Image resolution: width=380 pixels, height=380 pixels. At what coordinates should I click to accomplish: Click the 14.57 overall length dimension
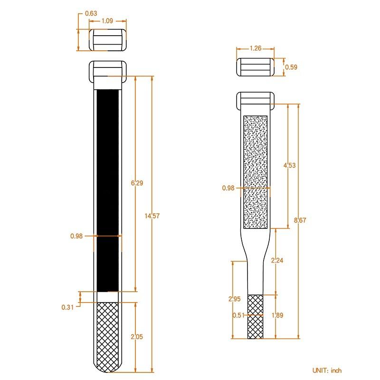tap(152, 216)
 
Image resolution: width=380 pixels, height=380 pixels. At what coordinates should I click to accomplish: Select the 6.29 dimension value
tap(136, 183)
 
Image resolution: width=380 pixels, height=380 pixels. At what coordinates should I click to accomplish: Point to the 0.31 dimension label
tap(67, 307)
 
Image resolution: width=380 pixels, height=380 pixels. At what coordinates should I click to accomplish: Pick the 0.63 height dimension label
tap(91, 13)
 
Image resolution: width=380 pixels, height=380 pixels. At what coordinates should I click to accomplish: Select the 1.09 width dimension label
tap(107, 21)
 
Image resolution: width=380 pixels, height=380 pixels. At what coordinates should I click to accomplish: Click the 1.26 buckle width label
tap(256, 48)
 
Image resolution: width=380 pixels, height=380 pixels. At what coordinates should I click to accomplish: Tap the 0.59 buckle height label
tap(291, 67)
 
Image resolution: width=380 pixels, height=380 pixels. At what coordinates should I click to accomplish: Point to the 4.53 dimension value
tap(289, 165)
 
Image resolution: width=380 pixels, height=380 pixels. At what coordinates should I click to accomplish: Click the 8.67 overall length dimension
tap(300, 220)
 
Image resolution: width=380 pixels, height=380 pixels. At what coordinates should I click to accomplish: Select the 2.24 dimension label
tap(276, 260)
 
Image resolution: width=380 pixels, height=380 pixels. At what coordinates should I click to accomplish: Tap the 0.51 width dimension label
tap(238, 315)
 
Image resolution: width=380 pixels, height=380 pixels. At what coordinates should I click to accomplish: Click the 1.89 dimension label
tap(276, 315)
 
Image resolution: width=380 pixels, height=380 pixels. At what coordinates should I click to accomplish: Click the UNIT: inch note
tap(327, 370)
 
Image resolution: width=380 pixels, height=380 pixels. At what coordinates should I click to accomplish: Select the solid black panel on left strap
tap(108, 190)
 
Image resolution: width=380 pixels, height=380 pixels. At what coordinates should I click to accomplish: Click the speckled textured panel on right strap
tap(256, 171)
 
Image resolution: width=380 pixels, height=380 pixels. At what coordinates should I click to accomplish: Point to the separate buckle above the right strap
tap(256, 67)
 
